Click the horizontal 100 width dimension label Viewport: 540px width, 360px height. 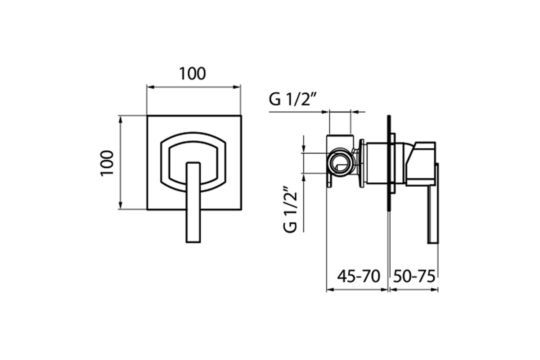point(193,73)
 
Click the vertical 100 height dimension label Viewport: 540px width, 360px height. point(107,163)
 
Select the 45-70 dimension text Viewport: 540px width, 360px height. point(359,276)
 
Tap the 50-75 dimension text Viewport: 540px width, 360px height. point(414,276)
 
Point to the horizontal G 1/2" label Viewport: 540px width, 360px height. point(292,99)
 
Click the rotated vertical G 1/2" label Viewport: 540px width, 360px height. point(290,209)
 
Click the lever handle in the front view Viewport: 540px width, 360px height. point(193,202)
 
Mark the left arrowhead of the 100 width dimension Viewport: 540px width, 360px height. point(150,87)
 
